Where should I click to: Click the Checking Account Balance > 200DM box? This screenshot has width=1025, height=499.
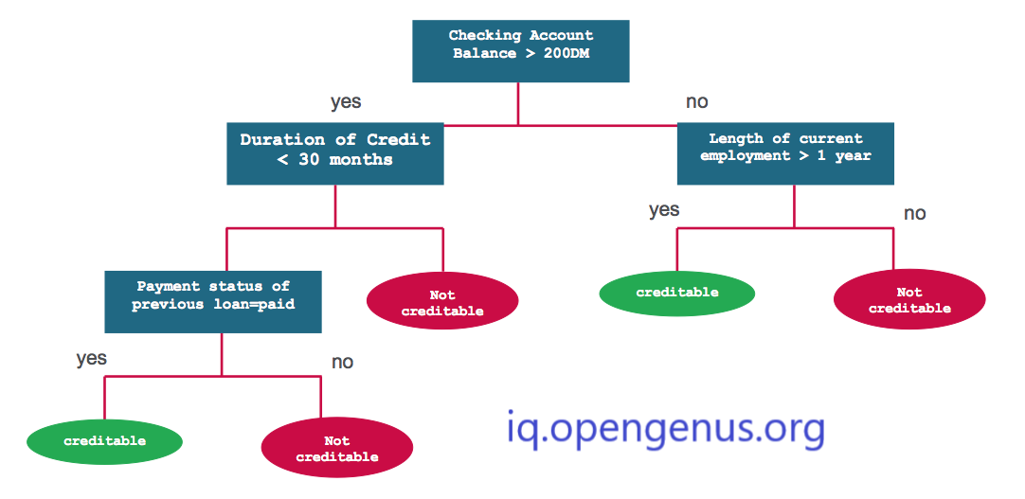[x=520, y=51]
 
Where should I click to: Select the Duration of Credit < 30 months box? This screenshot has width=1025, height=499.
[x=335, y=153]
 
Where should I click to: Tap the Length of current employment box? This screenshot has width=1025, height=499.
[x=785, y=153]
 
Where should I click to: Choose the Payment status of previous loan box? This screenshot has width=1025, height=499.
[x=213, y=302]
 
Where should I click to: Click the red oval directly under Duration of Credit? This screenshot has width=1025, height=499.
[x=442, y=301]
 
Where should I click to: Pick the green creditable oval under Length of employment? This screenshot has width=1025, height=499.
[x=677, y=293]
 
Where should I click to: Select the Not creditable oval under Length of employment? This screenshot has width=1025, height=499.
[x=909, y=299]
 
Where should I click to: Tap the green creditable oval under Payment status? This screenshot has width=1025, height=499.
[x=104, y=441]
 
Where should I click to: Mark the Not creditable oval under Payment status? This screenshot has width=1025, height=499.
[x=337, y=448]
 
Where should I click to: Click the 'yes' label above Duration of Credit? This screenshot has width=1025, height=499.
[x=346, y=102]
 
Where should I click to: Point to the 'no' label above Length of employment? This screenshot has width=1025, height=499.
[x=697, y=102]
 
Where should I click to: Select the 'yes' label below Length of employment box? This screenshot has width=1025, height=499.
[x=664, y=210]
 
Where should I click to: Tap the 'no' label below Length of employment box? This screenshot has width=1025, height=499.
[x=914, y=214]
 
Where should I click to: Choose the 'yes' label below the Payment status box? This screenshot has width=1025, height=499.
[x=92, y=359]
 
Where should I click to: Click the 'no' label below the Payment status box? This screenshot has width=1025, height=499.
[x=343, y=362]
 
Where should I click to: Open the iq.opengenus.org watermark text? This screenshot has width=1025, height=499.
[x=665, y=429]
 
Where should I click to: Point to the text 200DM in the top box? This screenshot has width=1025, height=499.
[x=566, y=54]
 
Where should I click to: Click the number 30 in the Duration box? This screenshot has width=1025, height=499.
[x=309, y=159]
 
